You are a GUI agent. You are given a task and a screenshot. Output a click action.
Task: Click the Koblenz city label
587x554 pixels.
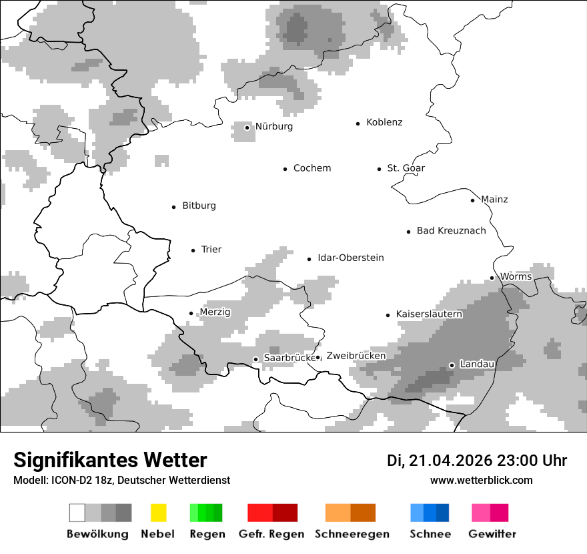coord(384,123)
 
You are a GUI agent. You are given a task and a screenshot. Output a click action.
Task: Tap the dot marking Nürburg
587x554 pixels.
coord(247,127)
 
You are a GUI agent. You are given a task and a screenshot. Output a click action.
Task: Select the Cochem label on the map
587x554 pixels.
coord(312,168)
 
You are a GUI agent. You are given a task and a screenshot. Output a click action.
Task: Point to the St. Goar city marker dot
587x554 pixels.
coord(379,169)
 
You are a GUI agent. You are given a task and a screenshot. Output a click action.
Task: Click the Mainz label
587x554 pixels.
coord(494,200)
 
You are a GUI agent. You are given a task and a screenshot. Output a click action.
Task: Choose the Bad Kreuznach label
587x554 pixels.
coord(451,231)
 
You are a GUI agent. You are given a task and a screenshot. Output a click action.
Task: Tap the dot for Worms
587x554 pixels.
coord(492,278)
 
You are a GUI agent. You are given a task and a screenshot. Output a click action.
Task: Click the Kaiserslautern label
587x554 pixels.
coord(429,314)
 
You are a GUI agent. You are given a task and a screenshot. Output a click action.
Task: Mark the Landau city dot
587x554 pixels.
coord(452,365)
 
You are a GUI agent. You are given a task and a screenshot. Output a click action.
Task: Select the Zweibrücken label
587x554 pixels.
coord(356,356)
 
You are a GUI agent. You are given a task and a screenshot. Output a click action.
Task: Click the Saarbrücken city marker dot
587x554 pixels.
coord(255,359)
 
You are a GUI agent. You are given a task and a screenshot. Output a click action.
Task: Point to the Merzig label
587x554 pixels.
coord(215,312)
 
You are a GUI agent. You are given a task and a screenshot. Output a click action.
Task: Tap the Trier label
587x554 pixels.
coord(211,250)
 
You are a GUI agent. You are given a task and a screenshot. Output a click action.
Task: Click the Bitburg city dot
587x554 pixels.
coord(174,207)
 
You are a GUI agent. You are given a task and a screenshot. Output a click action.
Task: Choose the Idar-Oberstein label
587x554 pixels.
coord(350,258)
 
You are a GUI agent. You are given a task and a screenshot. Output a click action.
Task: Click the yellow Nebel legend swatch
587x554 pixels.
coord(158,513)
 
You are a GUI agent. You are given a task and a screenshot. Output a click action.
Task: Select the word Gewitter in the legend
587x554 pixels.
coord(492,534)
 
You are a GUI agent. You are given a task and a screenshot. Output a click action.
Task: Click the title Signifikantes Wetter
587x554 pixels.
coord(110,460)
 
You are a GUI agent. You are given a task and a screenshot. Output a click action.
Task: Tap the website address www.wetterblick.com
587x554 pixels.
coord(481,481)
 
